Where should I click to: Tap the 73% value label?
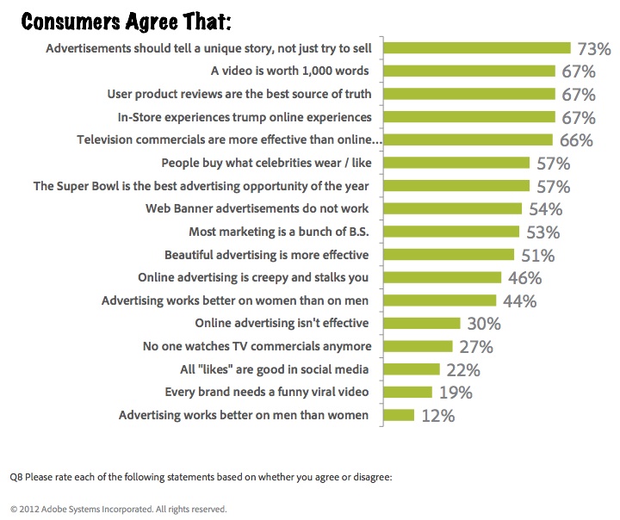coord(593,49)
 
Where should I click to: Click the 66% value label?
coord(575,139)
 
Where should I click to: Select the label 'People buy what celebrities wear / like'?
coord(266,162)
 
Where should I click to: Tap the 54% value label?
coord(545,208)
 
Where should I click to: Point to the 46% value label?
coord(524,277)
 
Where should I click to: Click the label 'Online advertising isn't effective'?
coord(282,323)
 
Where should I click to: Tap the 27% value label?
coord(475,347)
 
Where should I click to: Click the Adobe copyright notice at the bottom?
coord(118,509)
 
